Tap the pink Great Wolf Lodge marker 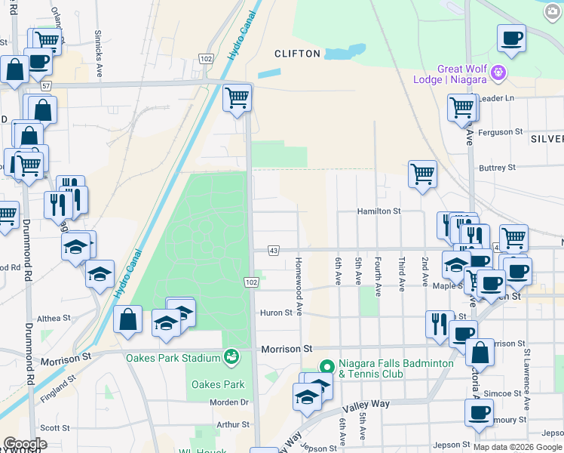point(497,73)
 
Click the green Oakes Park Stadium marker point(231,355)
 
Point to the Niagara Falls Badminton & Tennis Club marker point(326,367)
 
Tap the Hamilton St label point(379,212)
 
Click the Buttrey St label point(498,167)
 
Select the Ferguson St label point(501,131)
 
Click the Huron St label point(276,313)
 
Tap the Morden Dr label point(229,402)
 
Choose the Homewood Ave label point(299,285)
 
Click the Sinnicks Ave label point(99,54)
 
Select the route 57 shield point(47,86)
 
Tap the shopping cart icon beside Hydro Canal point(238,97)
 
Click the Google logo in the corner point(24,444)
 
